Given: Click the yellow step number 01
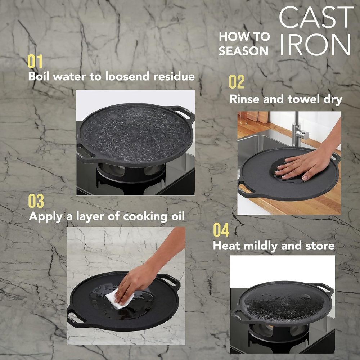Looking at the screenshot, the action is pyautogui.click(x=35, y=61).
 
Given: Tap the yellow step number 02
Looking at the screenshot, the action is pyautogui.click(x=237, y=82).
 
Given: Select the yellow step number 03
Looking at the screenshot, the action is pyautogui.click(x=36, y=201).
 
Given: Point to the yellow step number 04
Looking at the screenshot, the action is pyautogui.click(x=221, y=230).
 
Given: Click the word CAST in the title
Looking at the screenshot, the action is pyautogui.click(x=316, y=17).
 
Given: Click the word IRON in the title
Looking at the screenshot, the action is pyautogui.click(x=315, y=45).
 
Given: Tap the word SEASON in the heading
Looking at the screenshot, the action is pyautogui.click(x=243, y=51).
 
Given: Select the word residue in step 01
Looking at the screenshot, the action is pyautogui.click(x=174, y=76).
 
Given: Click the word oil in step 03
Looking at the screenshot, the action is pyautogui.click(x=178, y=216).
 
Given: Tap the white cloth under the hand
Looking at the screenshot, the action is pyautogui.click(x=120, y=298).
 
